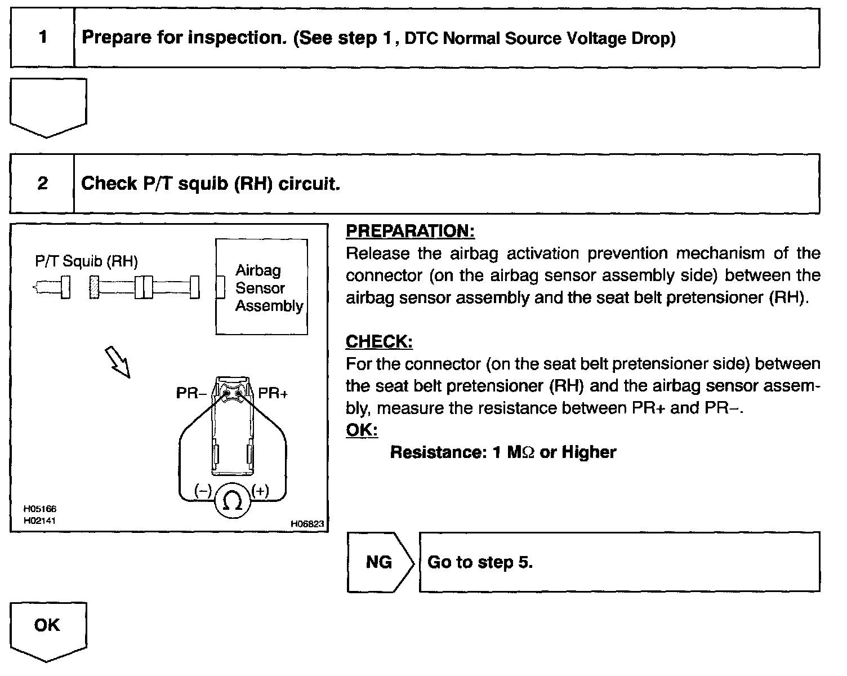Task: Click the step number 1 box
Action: [x=43, y=38]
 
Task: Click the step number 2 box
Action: [x=43, y=184]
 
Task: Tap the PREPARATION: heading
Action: [x=410, y=231]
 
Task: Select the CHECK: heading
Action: [x=379, y=341]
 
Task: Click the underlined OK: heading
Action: [x=362, y=430]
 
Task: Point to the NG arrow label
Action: [x=379, y=562]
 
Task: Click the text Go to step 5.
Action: [x=480, y=562]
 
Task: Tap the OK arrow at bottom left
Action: [x=47, y=626]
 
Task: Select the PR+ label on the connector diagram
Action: [x=273, y=393]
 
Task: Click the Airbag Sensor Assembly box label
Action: [x=268, y=288]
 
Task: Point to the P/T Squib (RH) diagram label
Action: [x=86, y=261]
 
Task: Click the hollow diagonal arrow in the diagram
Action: [x=118, y=362]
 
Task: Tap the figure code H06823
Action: [x=307, y=523]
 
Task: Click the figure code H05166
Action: [x=39, y=509]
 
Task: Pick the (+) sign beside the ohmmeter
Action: [x=260, y=491]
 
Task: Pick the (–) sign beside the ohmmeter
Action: [x=203, y=491]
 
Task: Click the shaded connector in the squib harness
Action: [x=93, y=287]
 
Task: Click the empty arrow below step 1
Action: [x=48, y=106]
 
